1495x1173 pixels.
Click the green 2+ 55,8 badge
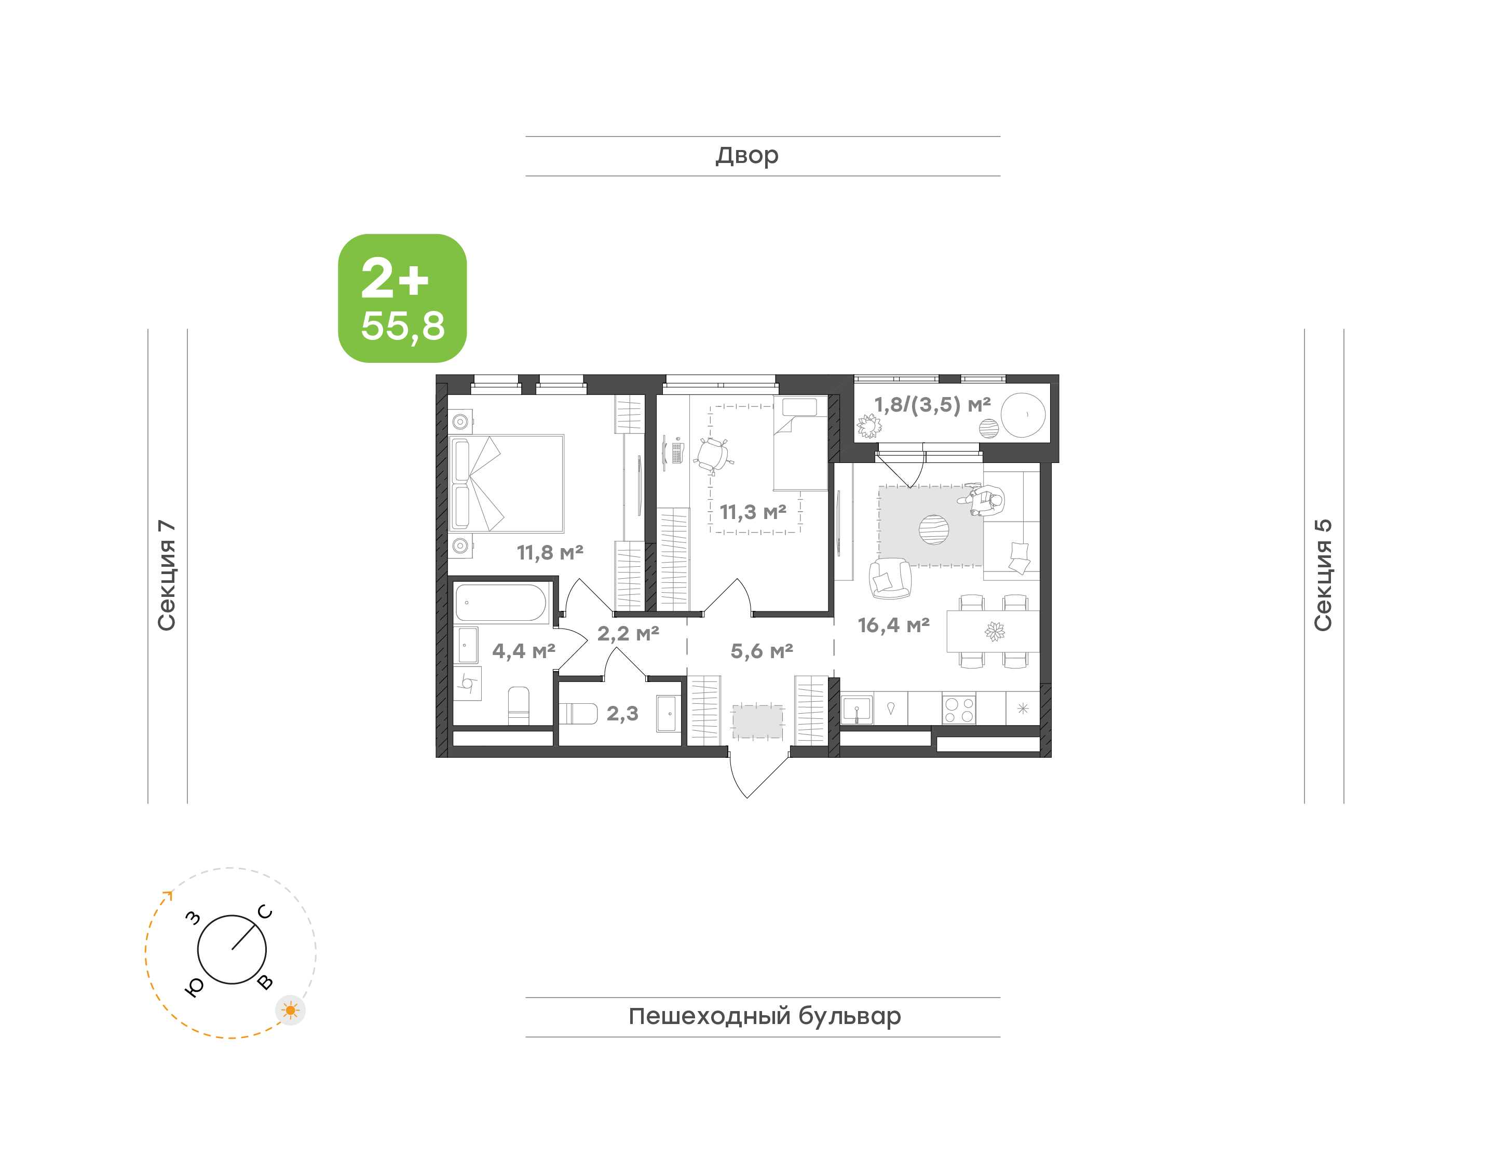pos(402,298)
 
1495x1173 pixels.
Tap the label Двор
pos(747,156)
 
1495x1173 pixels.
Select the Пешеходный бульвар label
pos(764,1016)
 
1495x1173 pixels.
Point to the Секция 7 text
pos(167,575)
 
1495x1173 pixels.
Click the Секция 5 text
pos(1323,575)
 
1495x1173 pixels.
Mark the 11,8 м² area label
pos(550,552)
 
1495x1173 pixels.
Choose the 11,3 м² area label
pos(753,512)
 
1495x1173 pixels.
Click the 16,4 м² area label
pos(893,625)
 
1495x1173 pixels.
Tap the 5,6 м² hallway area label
pos(762,651)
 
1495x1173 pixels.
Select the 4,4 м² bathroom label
pos(523,651)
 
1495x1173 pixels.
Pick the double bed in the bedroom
pos(506,484)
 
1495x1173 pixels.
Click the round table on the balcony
pos(1023,415)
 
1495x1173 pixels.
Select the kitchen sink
pos(857,709)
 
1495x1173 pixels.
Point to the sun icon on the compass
pos(291,1010)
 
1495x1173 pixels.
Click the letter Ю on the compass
pos(194,987)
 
